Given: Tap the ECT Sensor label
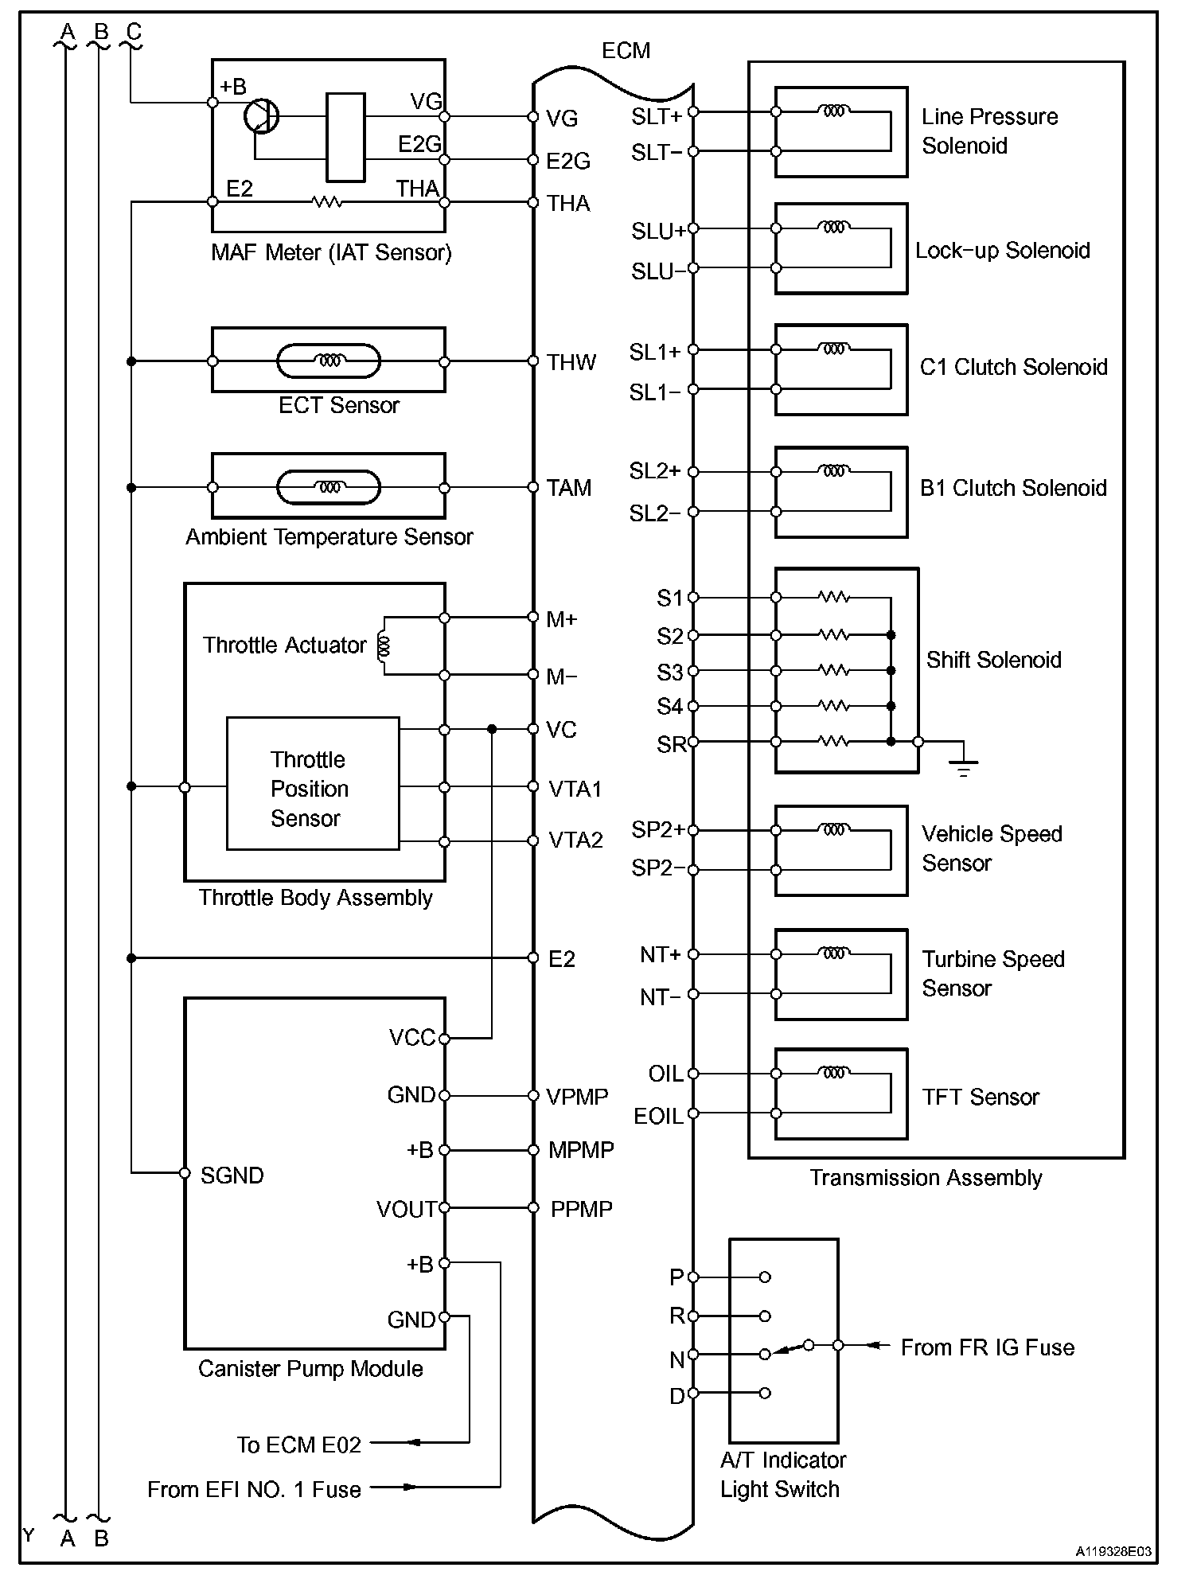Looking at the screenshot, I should [x=338, y=405].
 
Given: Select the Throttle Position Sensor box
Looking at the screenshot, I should [x=312, y=784].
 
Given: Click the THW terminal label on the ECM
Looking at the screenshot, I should [x=571, y=362].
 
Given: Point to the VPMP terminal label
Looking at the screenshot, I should [x=577, y=1097].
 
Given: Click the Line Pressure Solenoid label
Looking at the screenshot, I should [x=989, y=131].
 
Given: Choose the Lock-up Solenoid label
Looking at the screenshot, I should [x=1002, y=251].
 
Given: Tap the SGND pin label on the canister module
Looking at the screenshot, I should [x=232, y=1176].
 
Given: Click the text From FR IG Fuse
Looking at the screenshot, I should [x=987, y=1347].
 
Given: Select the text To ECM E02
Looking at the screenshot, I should [x=298, y=1445].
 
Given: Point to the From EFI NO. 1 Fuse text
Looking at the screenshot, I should [x=254, y=1489].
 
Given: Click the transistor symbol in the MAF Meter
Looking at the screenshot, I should [x=260, y=116].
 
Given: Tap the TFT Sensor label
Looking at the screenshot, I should [x=980, y=1098].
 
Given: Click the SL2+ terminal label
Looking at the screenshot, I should [x=654, y=471].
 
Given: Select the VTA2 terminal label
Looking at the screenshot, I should [x=575, y=840].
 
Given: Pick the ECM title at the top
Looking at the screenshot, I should [x=626, y=51].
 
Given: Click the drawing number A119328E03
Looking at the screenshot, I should [x=1113, y=1552].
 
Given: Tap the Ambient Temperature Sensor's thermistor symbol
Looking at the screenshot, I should [x=328, y=488].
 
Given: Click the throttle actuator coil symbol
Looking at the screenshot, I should [x=384, y=645].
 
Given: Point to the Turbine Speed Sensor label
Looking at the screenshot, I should [x=992, y=973].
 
